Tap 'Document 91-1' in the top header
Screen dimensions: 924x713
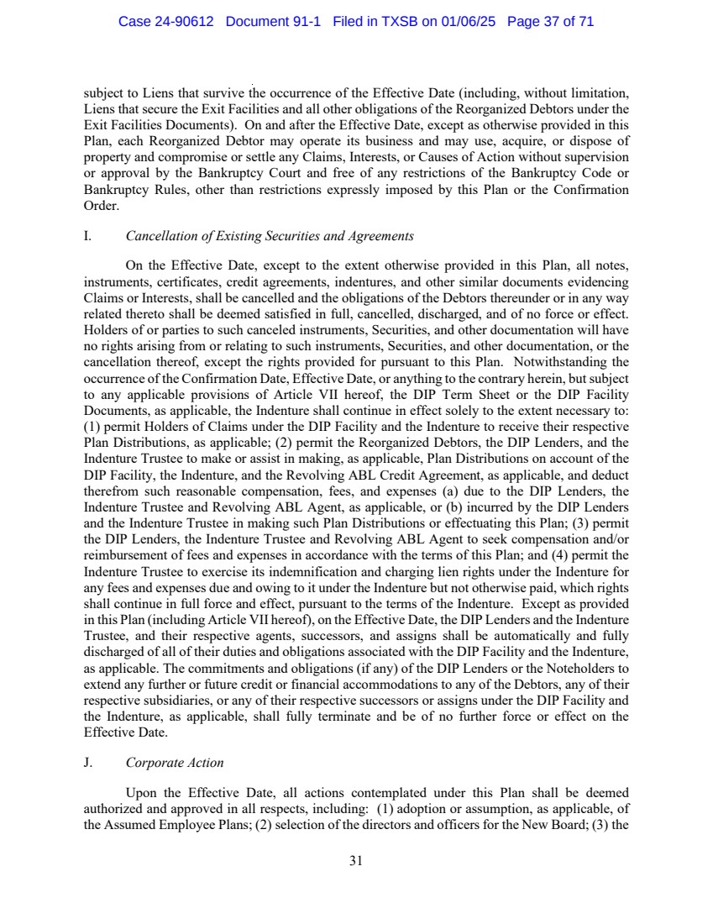274,22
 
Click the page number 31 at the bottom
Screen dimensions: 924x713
356,860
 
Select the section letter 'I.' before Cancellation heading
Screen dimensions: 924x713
87,236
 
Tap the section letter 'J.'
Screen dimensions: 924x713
87,764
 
